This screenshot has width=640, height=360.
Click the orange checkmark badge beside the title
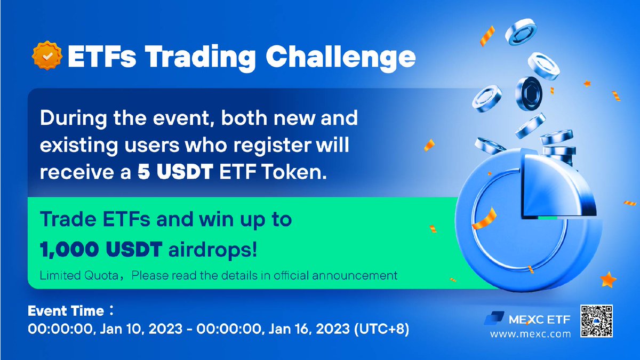tap(47, 55)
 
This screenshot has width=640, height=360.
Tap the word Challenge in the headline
tap(341, 58)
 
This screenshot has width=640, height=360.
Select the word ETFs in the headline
tap(102, 57)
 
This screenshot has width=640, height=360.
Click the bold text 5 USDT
tap(175, 172)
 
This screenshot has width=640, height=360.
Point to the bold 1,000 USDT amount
tap(101, 250)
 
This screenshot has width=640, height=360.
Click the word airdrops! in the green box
tap(213, 250)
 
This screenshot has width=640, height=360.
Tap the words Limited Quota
tap(79, 275)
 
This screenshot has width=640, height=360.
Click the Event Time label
tap(66, 311)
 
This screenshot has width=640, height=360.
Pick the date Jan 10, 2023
tap(141, 329)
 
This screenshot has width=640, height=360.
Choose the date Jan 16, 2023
tap(309, 329)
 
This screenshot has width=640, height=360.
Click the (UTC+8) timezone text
tap(381, 329)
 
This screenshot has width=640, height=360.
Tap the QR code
tap(597, 321)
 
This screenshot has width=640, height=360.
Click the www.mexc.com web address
tap(530, 334)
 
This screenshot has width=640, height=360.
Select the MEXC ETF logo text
tap(539, 319)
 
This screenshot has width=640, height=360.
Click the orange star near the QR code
tap(607, 279)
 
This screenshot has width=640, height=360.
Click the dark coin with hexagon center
tap(529, 93)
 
